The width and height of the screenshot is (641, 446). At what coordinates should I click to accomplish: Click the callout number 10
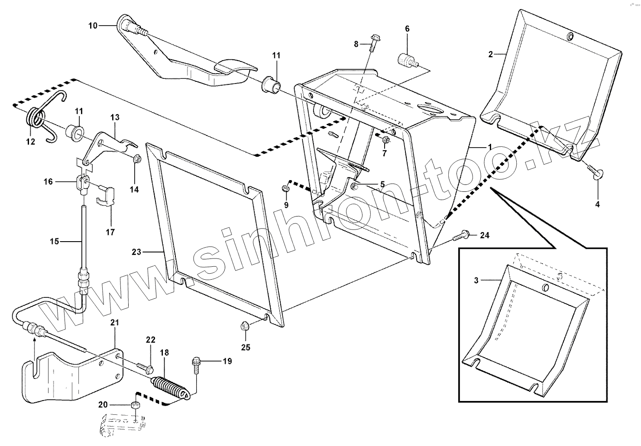click(93, 26)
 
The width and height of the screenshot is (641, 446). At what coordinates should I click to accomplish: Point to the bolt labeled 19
click(196, 362)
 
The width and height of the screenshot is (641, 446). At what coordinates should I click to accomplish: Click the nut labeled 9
click(285, 188)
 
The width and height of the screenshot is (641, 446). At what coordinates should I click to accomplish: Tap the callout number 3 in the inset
click(476, 280)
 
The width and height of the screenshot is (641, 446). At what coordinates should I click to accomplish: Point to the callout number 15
click(54, 241)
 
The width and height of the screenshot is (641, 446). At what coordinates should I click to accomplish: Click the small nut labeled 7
click(385, 139)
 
